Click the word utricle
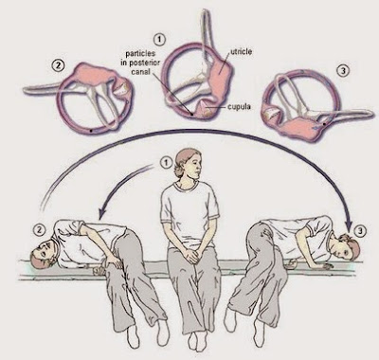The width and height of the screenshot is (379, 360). pyautogui.click(x=242, y=52)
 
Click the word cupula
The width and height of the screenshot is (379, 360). pyautogui.click(x=239, y=107)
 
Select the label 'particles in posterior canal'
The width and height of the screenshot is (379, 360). pyautogui.click(x=140, y=63)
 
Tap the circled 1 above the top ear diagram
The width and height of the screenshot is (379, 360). pyautogui.click(x=159, y=40)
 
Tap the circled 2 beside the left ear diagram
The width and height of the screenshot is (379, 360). pyautogui.click(x=59, y=65)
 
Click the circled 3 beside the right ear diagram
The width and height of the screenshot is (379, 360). pyautogui.click(x=343, y=71)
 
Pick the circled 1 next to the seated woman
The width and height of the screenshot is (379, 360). pyautogui.click(x=166, y=163)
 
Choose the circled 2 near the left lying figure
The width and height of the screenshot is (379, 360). pyautogui.click(x=39, y=230)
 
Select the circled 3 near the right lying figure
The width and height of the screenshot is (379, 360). pyautogui.click(x=360, y=231)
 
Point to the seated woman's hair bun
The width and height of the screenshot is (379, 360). pyautogui.click(x=176, y=172)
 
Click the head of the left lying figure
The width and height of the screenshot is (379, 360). pyautogui.click(x=44, y=254)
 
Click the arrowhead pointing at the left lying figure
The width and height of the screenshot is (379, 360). pyautogui.click(x=101, y=214)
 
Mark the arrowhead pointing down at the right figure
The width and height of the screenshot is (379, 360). pyautogui.click(x=349, y=225)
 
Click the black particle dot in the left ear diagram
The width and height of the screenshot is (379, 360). pyautogui.click(x=91, y=130)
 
